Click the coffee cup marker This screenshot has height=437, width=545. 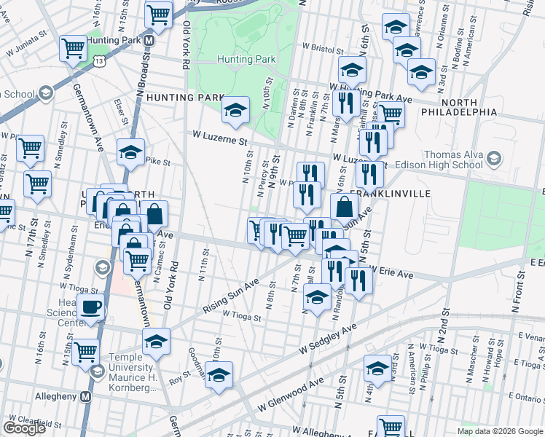(91, 307)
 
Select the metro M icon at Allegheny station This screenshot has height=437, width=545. (85, 397)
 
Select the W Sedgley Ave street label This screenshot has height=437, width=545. (329, 339)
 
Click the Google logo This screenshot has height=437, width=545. (24, 428)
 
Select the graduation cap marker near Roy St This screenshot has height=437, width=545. (218, 374)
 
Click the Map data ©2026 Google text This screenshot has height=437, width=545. (499, 430)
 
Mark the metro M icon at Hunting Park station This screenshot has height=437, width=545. (148, 40)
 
